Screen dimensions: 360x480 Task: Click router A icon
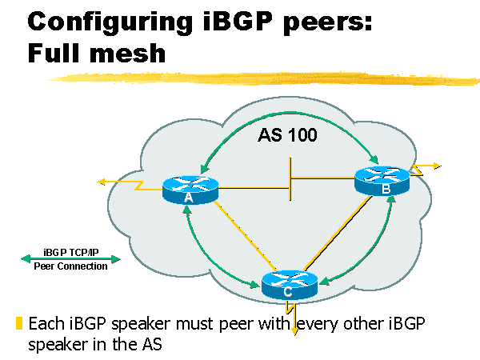tap(190, 189)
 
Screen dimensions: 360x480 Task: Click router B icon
tap(382, 180)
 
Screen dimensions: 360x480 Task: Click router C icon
tap(289, 284)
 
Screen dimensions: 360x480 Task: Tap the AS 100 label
tap(287, 135)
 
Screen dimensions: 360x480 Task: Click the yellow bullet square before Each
tap(18, 324)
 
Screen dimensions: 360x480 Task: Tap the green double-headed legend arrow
tap(70, 258)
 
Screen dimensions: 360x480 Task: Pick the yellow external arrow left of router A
tap(120, 183)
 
